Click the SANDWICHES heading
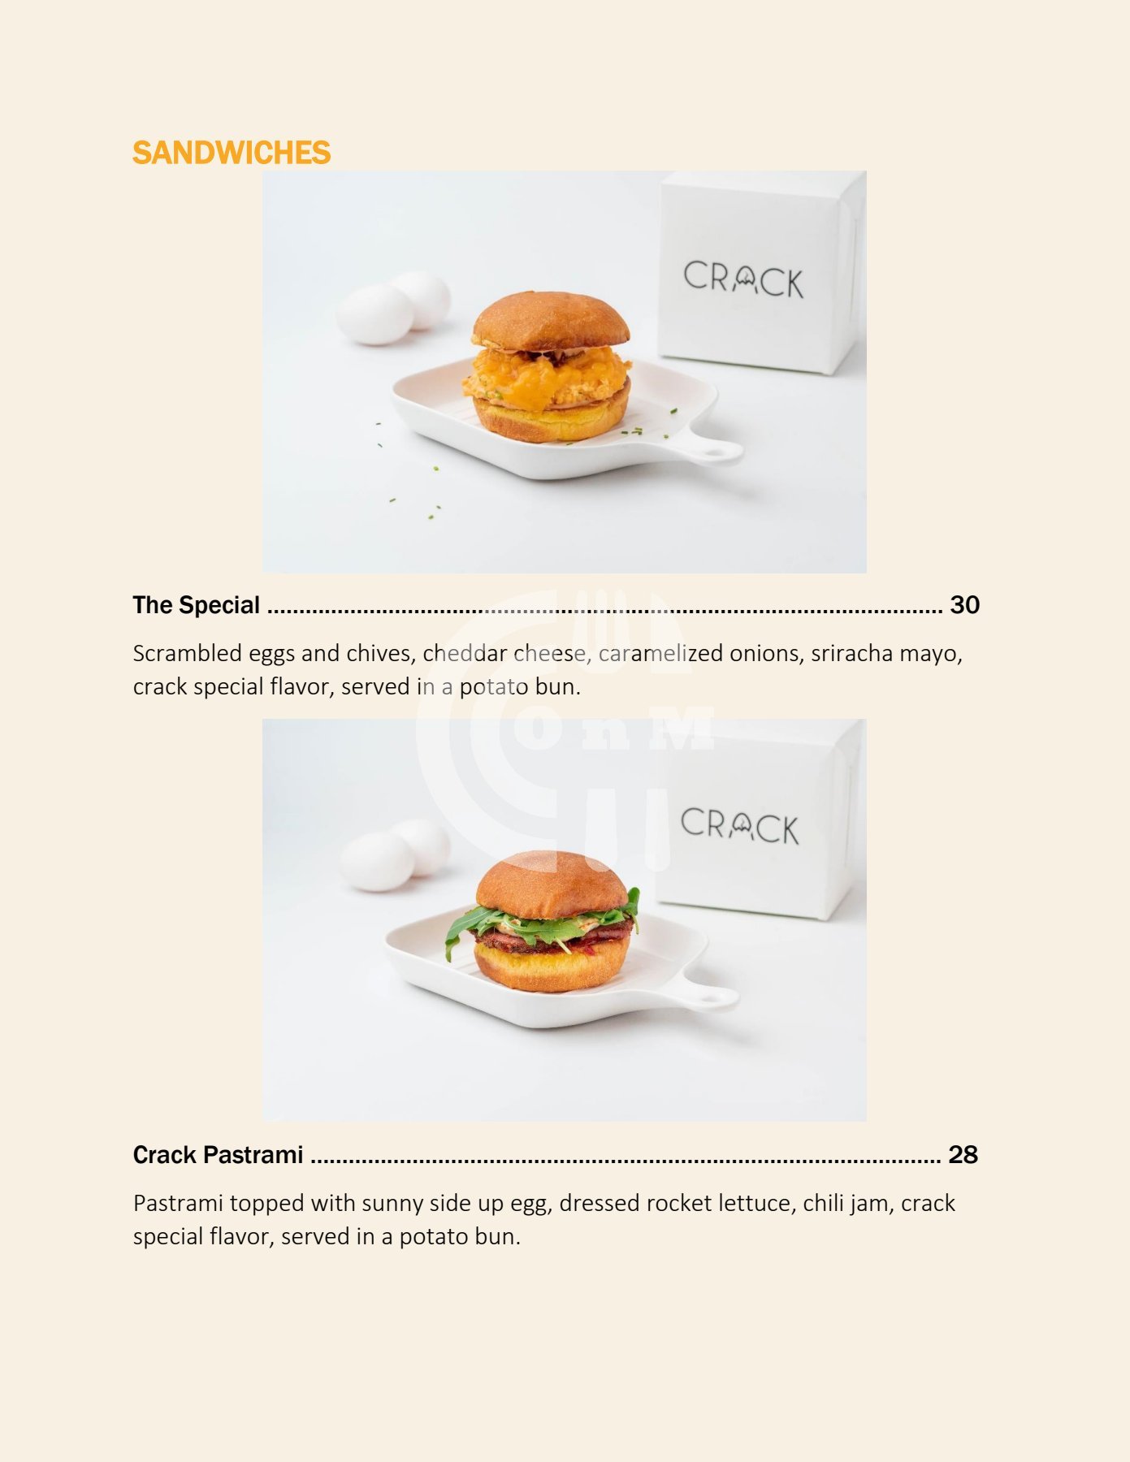point(232,153)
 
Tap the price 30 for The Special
point(964,605)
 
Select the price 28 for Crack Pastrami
point(963,1155)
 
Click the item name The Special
point(197,605)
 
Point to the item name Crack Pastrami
point(219,1155)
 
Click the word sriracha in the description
point(842,653)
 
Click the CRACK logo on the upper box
point(743,279)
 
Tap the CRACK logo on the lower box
point(740,826)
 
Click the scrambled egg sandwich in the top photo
point(551,367)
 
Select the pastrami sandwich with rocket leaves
point(543,922)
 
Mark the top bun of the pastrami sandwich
point(552,887)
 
